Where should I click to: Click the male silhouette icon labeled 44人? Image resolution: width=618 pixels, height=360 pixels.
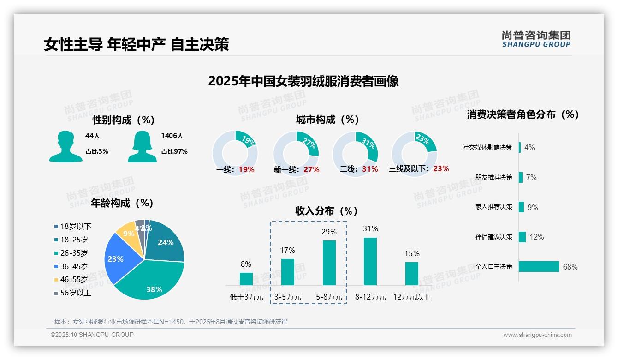[x=65, y=146]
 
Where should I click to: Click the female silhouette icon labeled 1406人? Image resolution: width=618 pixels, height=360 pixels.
[x=142, y=146]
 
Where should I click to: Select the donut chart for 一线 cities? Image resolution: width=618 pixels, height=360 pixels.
[x=235, y=153]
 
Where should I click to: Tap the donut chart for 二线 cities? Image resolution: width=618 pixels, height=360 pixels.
[x=355, y=153]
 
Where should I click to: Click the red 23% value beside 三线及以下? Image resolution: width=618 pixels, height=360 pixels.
[x=441, y=169]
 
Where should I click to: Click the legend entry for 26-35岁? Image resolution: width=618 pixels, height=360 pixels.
[x=74, y=253]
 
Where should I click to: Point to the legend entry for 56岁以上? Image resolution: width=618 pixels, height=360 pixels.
[x=76, y=293]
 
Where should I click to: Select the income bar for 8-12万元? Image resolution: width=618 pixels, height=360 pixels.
[x=370, y=261]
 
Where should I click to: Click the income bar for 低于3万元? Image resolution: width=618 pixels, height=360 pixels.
[x=246, y=279]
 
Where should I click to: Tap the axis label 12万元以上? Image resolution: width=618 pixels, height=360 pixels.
[x=411, y=297]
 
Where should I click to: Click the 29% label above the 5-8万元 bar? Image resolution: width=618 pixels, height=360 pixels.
[x=329, y=232]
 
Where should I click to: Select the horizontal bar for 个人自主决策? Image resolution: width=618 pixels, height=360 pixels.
[x=539, y=267]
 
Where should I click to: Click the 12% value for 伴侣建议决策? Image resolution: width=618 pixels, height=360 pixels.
[x=536, y=237]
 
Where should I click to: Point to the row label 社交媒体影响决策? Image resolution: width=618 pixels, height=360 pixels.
[x=487, y=148]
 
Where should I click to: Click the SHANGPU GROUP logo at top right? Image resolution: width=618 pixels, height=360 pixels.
[x=536, y=39]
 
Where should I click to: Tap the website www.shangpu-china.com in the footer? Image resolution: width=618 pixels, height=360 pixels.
[x=537, y=335]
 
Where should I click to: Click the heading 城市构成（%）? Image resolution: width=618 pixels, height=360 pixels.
[x=327, y=120]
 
